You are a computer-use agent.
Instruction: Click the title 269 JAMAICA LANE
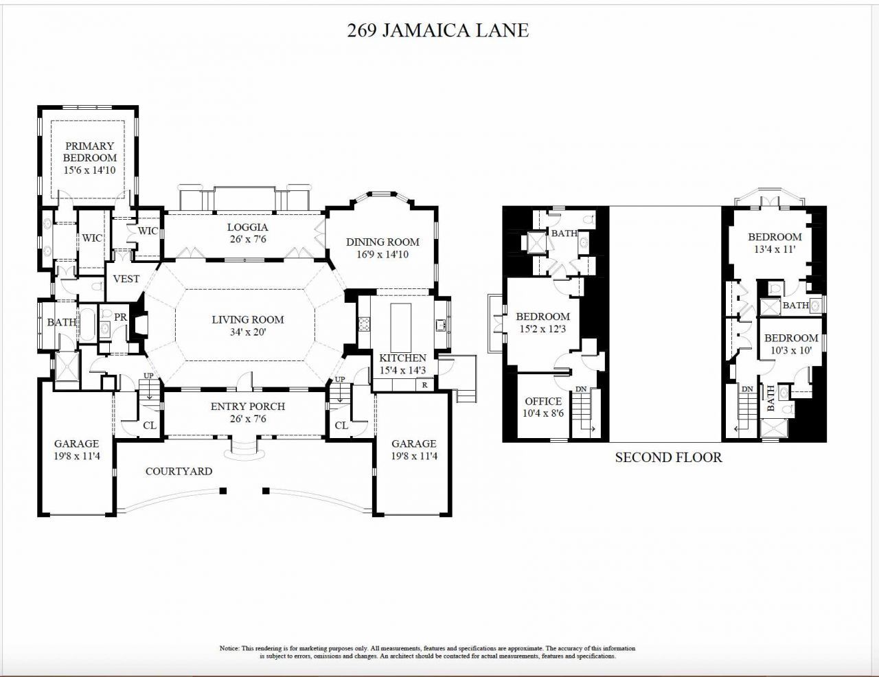(x=438, y=31)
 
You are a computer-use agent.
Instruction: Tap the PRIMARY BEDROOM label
(x=90, y=152)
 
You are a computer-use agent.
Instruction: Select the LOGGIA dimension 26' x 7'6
(x=247, y=240)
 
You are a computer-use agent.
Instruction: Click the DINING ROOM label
(x=383, y=242)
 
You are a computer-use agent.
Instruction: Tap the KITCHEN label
(x=402, y=358)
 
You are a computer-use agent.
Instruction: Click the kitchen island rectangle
(x=400, y=326)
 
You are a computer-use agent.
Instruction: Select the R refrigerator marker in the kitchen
(x=425, y=385)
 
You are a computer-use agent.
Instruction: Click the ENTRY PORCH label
(x=247, y=406)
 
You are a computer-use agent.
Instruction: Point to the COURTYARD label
(x=179, y=471)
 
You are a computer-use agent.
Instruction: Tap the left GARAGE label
(x=76, y=444)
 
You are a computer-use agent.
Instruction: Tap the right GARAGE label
(x=413, y=444)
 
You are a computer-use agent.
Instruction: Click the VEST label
(x=126, y=279)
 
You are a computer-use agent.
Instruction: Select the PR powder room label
(x=120, y=317)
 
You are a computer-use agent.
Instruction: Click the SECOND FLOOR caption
(x=668, y=457)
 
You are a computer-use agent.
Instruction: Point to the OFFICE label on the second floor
(x=543, y=402)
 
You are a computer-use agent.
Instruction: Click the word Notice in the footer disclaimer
(x=229, y=648)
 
